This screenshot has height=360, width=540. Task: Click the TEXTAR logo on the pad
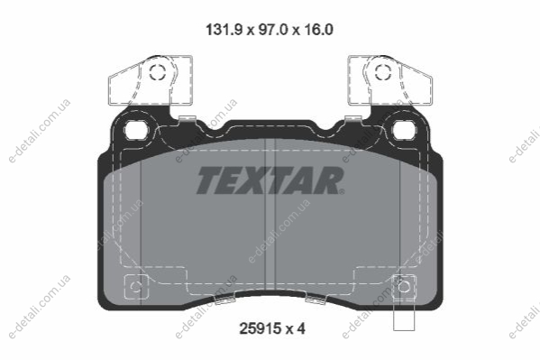coord(270,180)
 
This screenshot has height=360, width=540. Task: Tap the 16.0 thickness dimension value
coord(318,30)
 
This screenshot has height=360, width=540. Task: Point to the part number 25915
coord(260,328)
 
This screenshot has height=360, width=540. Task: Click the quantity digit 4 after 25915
coord(300,328)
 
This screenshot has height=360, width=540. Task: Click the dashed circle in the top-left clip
coord(158,72)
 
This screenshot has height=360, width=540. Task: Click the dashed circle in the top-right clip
coord(383,72)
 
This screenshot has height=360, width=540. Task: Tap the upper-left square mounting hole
coord(136,130)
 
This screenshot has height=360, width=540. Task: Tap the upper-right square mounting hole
coord(405,130)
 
